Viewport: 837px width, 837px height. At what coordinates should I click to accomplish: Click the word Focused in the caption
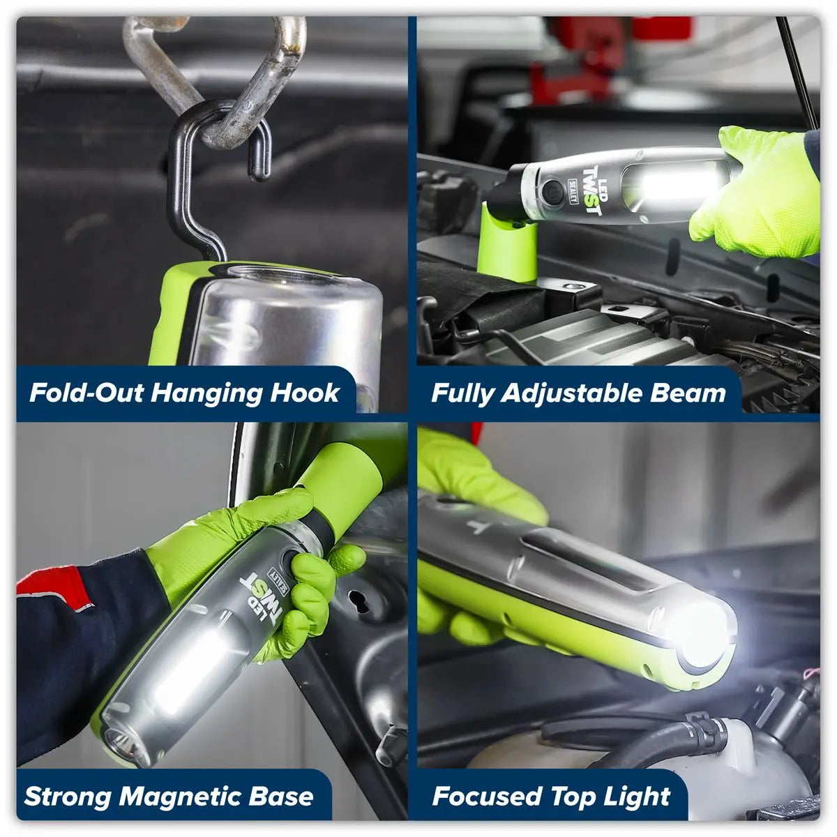point(485,797)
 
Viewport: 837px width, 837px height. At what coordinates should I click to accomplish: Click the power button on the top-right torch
point(552,190)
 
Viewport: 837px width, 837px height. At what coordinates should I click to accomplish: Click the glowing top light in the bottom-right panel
point(704,631)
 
